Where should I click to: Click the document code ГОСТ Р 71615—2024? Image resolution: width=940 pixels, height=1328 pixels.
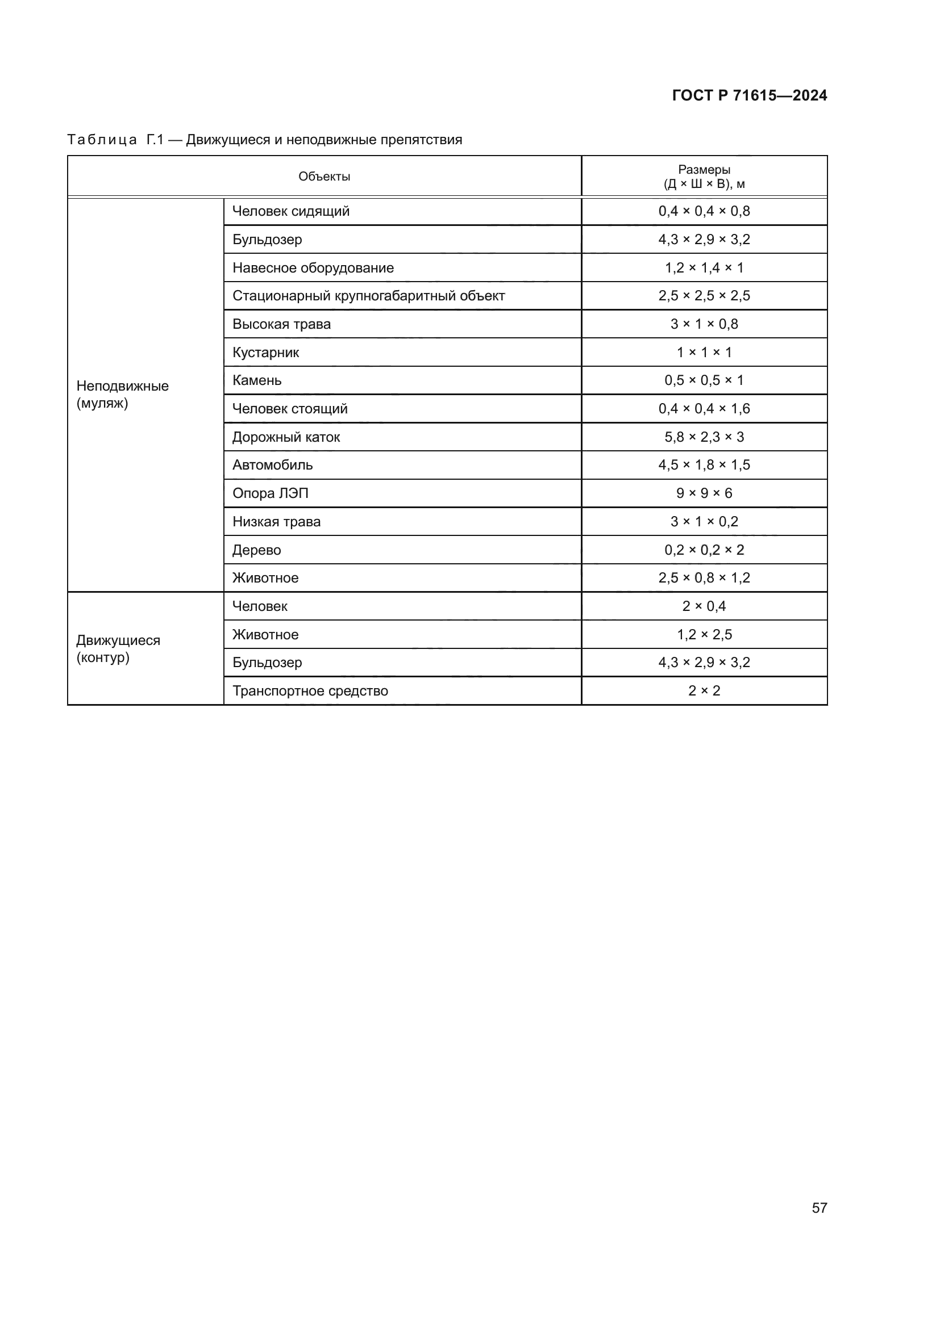(x=749, y=95)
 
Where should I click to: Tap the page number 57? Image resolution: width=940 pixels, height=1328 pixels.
(x=819, y=1207)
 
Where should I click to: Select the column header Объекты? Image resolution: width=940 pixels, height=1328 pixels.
(x=324, y=177)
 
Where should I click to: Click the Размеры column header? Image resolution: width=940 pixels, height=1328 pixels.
(x=704, y=177)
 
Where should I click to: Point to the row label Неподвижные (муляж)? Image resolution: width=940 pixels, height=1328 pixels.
(x=122, y=395)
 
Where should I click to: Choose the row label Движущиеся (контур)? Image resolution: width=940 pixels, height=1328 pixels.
(x=118, y=648)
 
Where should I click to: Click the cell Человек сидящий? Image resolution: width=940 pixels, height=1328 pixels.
(x=290, y=211)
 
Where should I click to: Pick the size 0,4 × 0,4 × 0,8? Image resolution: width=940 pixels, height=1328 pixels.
(x=704, y=211)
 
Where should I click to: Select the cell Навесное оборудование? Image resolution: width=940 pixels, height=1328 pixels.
(x=313, y=268)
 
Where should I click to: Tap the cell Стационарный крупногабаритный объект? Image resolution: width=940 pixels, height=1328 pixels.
(x=368, y=296)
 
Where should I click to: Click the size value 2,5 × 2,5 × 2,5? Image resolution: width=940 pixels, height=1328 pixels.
(x=704, y=296)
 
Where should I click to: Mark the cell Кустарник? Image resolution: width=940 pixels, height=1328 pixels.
(x=265, y=352)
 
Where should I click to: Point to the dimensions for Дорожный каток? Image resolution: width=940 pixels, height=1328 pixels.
(x=704, y=437)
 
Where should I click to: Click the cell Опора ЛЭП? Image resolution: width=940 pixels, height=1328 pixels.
(x=271, y=493)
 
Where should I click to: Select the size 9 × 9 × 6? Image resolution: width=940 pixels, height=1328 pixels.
(x=704, y=493)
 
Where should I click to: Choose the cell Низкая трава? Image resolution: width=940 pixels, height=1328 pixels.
(x=276, y=522)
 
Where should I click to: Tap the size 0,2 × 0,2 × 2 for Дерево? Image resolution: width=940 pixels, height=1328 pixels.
(x=704, y=550)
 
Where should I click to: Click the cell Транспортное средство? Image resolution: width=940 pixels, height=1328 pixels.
(x=310, y=690)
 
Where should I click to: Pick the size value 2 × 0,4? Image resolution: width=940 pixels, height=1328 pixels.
(x=704, y=606)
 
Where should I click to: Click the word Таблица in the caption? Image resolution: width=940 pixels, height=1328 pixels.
(x=102, y=140)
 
